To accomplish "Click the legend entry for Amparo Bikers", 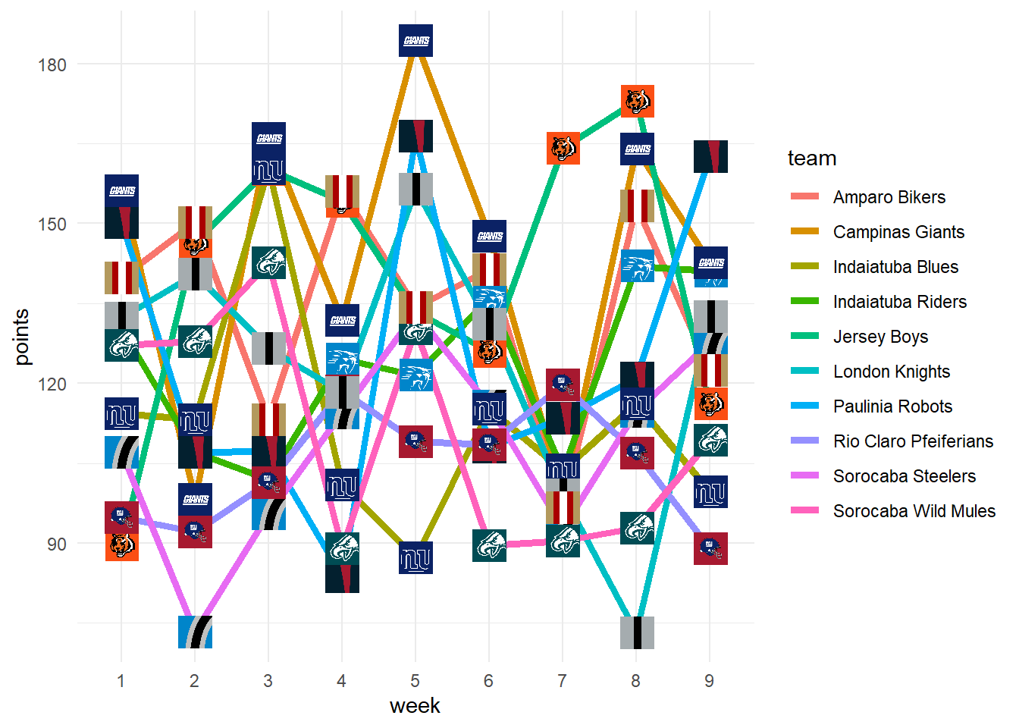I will coord(889,197).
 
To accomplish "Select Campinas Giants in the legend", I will coord(898,232).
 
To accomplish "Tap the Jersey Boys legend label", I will coord(880,337).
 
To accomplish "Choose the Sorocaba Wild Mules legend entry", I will coord(914,511).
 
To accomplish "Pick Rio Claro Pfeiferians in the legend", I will coord(913,441).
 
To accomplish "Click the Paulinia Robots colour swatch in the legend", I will coord(804,406).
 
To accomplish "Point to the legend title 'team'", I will coord(812,158).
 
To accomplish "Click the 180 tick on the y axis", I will coord(52,64).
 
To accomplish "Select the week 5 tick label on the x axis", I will coord(415,681).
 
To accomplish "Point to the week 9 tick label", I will coord(709,681).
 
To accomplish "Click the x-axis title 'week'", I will coord(415,706).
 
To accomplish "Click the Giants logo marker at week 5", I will coord(415,40).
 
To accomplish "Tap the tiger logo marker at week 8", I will coord(638,101).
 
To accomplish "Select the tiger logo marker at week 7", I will coord(563,148).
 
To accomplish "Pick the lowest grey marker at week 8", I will coord(637,632).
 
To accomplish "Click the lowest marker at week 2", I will coord(195,632).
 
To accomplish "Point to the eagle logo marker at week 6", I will coord(489,545).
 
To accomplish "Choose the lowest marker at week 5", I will coord(415,558).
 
